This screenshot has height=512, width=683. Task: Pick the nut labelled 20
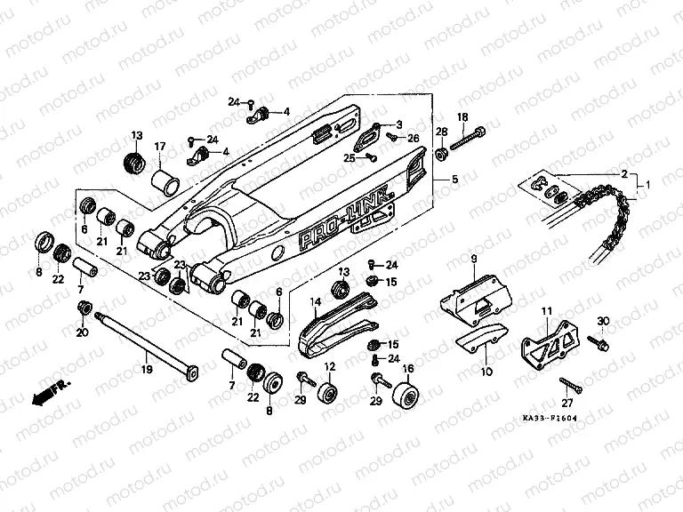84,308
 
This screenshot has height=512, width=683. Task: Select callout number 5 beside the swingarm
454,180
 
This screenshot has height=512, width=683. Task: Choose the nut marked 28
441,156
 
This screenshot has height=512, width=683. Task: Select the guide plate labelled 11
544,341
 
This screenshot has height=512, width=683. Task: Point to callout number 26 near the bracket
414,138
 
